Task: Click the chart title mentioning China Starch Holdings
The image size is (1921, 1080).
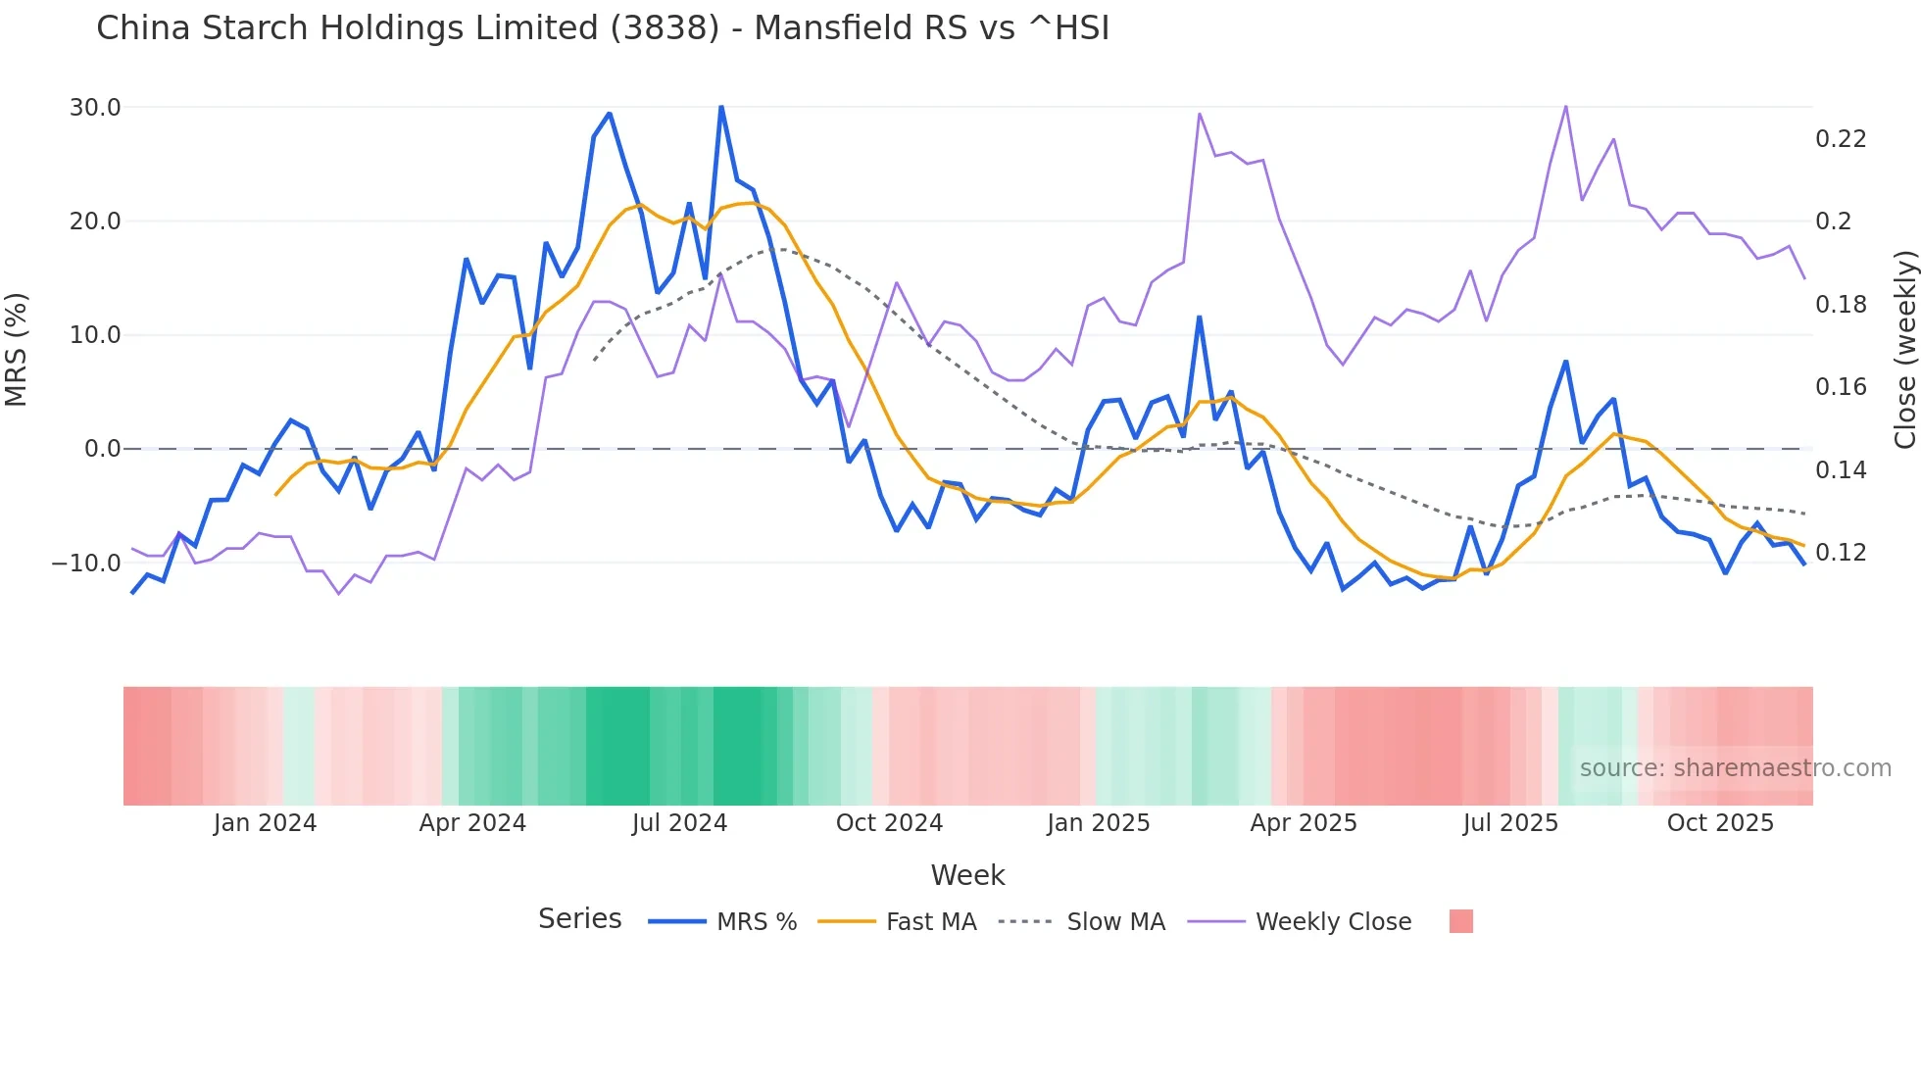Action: click(602, 28)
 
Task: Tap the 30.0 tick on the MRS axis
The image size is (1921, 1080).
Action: click(95, 108)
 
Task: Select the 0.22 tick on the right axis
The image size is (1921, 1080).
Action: click(1841, 139)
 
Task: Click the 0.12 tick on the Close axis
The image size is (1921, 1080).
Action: click(1841, 553)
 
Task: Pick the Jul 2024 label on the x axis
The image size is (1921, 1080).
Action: click(679, 823)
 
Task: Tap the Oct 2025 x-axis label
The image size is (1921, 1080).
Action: click(1720, 823)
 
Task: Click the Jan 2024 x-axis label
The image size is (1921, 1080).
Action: click(265, 823)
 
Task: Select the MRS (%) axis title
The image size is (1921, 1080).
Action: click(17, 350)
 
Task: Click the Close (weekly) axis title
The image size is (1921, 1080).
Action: click(1904, 350)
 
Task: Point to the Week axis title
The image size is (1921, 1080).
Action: click(967, 875)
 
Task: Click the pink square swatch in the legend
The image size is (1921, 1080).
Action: click(1460, 921)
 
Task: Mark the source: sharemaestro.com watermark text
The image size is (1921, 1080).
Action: click(1735, 768)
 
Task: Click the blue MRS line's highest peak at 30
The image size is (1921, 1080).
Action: click(721, 107)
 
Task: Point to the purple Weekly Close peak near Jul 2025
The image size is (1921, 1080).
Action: click(1565, 107)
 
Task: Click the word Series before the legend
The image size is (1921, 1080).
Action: click(579, 919)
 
